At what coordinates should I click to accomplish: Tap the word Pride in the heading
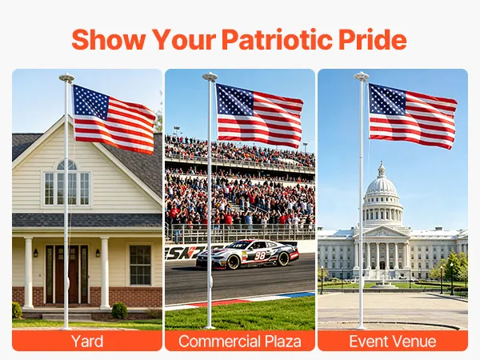(373, 39)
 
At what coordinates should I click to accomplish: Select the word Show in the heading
(108, 39)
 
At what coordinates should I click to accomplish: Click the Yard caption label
(87, 341)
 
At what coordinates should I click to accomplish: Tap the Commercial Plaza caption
(240, 341)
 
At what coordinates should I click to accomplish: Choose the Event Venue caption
(393, 341)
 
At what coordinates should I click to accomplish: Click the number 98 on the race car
(259, 255)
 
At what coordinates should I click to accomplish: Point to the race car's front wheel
(234, 262)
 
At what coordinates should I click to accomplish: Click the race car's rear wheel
(283, 258)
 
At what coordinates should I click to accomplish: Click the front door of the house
(66, 274)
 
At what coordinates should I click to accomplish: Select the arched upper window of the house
(66, 166)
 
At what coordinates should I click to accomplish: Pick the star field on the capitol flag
(387, 99)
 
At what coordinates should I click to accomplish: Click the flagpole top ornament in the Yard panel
(66, 78)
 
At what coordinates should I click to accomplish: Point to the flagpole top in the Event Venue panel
(362, 76)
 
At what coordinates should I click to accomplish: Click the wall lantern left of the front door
(36, 253)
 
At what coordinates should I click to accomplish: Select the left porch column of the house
(29, 273)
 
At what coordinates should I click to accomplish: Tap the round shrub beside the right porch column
(119, 310)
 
